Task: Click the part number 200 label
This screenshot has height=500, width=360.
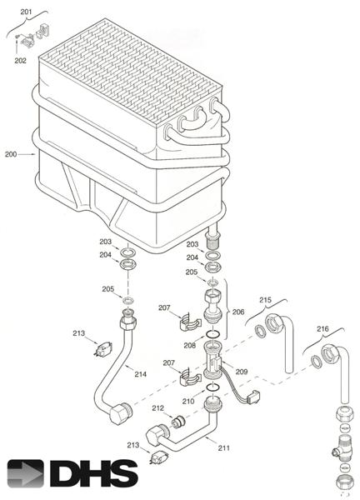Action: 11,154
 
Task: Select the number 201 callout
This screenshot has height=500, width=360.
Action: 25,10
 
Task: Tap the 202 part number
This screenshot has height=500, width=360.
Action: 21,60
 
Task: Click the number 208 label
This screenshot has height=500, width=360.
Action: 189,344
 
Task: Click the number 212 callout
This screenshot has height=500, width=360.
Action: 157,408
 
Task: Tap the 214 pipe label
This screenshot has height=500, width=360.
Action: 140,374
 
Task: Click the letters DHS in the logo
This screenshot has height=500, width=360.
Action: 93,473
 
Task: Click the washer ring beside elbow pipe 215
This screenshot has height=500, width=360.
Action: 261,332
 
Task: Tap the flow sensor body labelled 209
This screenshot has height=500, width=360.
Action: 213,364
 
